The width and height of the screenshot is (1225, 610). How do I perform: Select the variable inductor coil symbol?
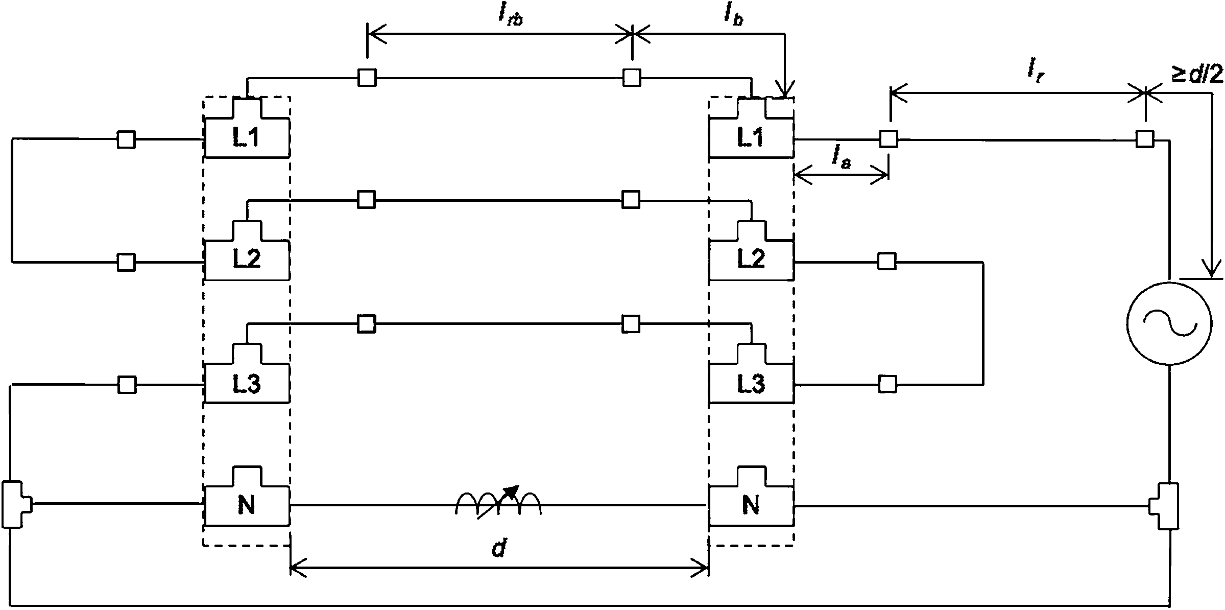click(498, 502)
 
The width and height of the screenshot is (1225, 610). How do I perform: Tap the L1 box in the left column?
click(247, 128)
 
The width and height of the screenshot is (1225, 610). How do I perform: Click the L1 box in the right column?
click(751, 128)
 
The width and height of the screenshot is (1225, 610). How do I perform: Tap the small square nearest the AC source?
click(1144, 139)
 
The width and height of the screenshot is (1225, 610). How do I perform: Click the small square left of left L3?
click(127, 385)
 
